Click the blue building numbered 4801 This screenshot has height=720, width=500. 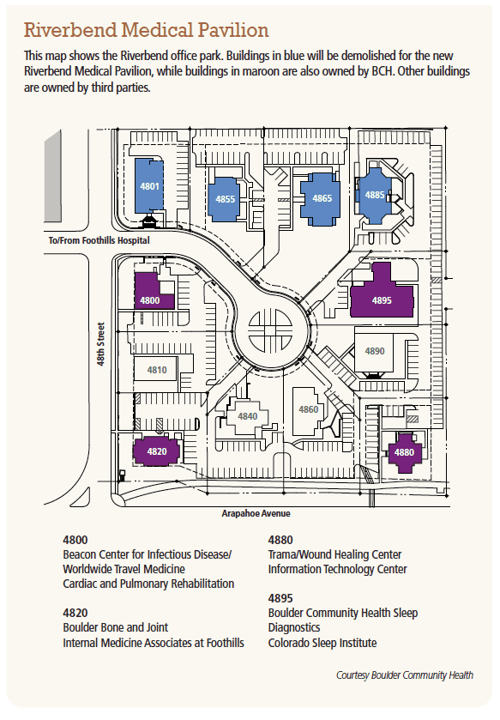click(149, 186)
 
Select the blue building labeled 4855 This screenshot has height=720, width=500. click(224, 199)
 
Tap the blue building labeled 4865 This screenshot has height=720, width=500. click(321, 198)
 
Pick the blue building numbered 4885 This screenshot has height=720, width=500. click(375, 196)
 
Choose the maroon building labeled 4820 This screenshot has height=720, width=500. click(156, 451)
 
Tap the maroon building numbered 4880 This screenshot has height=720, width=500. click(404, 453)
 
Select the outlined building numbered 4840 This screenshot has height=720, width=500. click(247, 416)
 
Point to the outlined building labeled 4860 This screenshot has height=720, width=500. click(308, 410)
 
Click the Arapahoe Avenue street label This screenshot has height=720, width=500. click(256, 513)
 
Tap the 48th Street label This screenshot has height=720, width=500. click(101, 344)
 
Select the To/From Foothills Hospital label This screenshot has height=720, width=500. click(99, 240)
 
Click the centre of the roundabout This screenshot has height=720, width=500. click(271, 330)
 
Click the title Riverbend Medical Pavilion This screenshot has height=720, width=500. click(146, 30)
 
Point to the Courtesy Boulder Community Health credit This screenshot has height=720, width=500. click(405, 675)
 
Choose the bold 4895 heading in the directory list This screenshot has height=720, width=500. click(280, 598)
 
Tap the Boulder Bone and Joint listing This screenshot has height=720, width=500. click(116, 627)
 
